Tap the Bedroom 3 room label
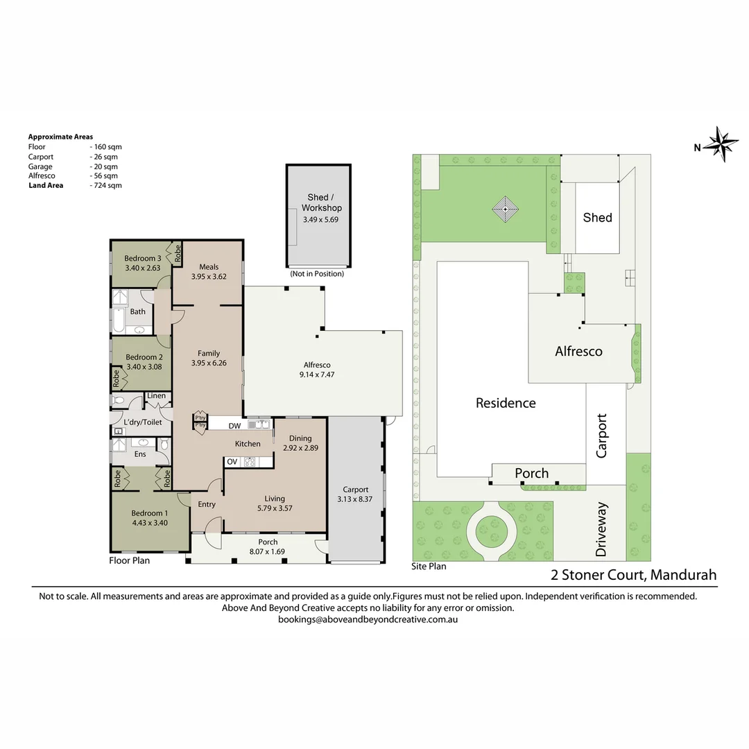(143, 259)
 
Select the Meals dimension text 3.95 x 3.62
(209, 277)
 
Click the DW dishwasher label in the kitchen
(234, 426)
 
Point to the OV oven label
(232, 462)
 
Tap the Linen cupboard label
(156, 395)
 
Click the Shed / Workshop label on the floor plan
(322, 203)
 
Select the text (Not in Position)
(317, 274)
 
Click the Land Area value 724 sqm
(107, 185)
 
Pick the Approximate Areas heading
(60, 137)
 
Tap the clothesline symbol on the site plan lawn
(506, 209)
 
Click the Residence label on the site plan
(506, 403)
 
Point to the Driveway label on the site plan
(601, 529)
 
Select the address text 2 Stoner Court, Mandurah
(633, 575)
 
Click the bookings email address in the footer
(368, 619)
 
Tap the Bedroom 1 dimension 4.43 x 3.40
(150, 523)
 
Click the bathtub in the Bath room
(119, 320)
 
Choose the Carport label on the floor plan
(355, 490)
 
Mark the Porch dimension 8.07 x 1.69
(267, 552)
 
